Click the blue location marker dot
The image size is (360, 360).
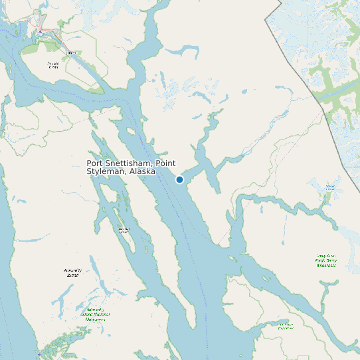click(179, 179)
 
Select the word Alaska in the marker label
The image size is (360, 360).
click(142, 171)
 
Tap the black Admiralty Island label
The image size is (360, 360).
click(72, 272)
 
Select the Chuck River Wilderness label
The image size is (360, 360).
click(286, 325)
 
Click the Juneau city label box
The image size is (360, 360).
click(70, 52)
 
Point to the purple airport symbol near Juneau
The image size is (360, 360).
click(40, 31)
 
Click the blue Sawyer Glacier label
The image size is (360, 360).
click(331, 187)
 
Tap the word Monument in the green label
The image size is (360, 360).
click(96, 319)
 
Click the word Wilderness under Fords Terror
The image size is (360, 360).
click(326, 265)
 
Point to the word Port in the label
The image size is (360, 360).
click(94, 163)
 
